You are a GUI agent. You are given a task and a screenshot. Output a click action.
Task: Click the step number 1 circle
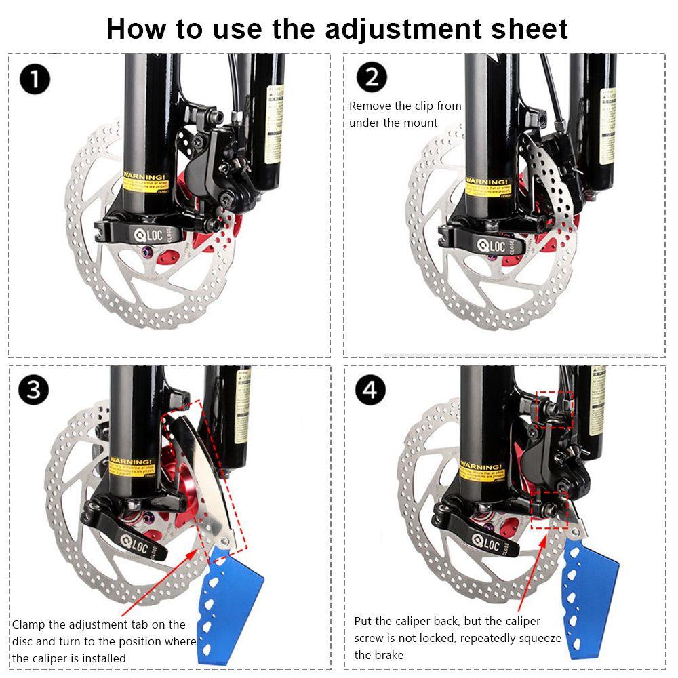coord(35,80)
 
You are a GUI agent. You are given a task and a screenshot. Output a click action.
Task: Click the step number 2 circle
coord(371,77)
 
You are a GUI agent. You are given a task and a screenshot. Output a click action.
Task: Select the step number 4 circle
coord(371,391)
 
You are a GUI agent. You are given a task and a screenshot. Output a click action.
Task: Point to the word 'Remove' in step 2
coord(370,106)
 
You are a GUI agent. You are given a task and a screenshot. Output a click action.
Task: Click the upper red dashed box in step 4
coord(554,409)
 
